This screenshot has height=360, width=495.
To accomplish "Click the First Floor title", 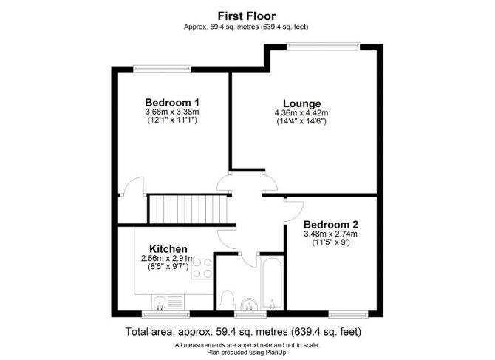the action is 247,16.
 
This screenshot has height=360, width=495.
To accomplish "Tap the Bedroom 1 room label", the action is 172,102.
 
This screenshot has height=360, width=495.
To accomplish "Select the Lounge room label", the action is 301,103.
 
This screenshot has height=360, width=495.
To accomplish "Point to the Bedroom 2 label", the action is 331,225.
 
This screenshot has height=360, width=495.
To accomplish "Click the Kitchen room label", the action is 168,248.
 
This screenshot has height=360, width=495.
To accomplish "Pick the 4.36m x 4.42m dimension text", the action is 301,113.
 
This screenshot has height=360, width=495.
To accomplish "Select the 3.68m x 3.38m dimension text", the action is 172,112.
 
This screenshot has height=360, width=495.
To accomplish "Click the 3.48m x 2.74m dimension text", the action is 330,234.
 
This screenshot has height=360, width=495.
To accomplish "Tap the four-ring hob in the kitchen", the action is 202,268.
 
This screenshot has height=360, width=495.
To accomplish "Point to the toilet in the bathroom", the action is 227,300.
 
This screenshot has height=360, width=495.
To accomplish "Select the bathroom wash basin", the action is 250,304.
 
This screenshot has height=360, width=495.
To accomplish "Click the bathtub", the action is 272,283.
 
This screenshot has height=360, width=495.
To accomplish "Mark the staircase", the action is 188,209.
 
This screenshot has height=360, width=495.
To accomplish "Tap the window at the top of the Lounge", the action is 324,47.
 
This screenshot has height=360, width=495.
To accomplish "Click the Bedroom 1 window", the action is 163,69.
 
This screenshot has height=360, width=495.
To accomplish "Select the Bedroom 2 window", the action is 348,314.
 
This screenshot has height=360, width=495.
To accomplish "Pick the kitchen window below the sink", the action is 165,314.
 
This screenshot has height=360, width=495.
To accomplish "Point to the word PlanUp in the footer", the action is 278,352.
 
